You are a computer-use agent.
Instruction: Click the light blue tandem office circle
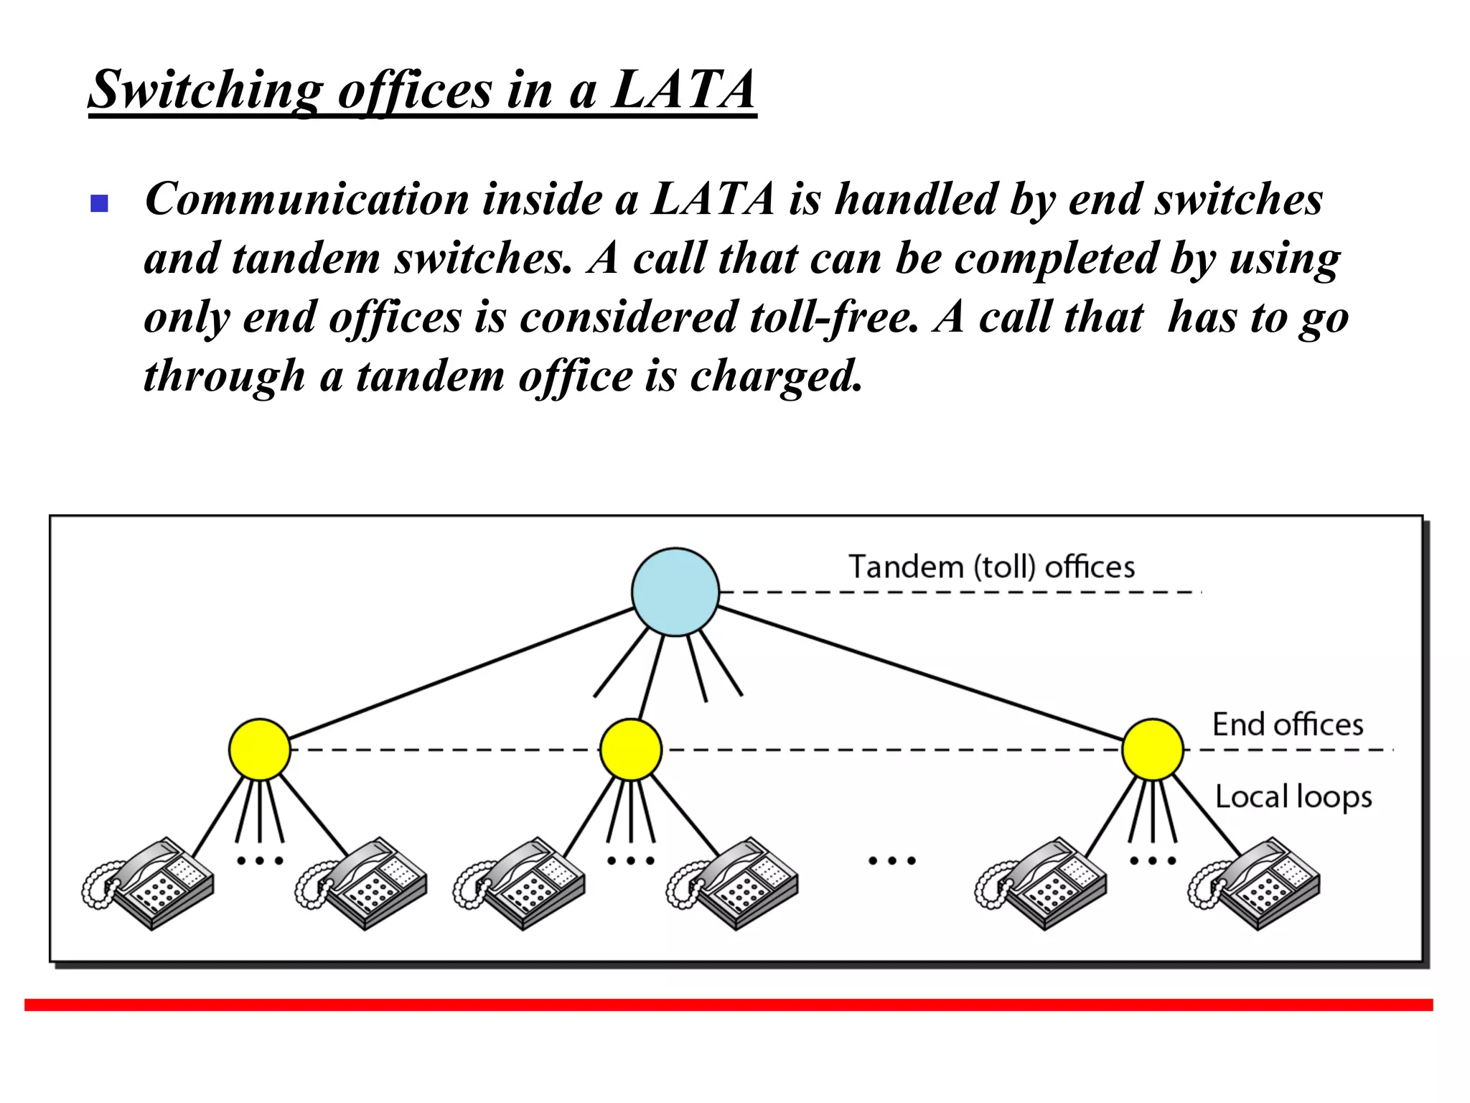click(675, 592)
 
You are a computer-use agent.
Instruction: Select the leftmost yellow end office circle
click(259, 749)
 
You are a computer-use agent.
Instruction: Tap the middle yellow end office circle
click(630, 749)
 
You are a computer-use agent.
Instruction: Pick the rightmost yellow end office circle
click(1152, 749)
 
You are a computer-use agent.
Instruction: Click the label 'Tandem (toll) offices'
click(991, 567)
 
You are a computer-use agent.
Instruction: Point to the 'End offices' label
click(1288, 724)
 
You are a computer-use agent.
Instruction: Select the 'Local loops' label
click(1293, 796)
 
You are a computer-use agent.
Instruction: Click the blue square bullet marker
click(99, 204)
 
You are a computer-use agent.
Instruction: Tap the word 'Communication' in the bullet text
click(306, 199)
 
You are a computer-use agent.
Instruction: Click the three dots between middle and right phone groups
click(891, 860)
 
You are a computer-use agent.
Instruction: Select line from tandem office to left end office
click(459, 673)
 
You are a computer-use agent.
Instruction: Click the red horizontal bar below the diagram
click(728, 1004)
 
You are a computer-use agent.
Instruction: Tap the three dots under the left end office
click(259, 860)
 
